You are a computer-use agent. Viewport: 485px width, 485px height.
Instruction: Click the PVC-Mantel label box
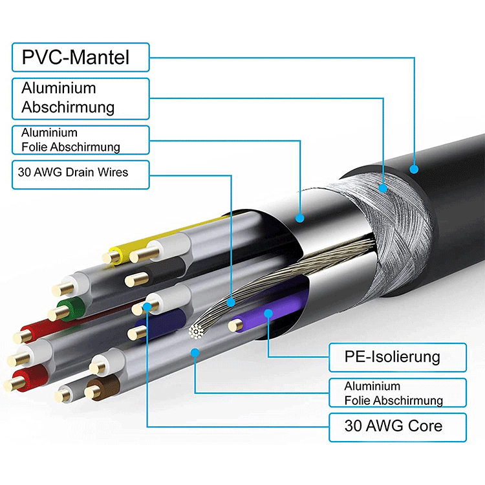click(80, 57)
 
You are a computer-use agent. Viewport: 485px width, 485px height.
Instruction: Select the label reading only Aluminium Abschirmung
click(80, 98)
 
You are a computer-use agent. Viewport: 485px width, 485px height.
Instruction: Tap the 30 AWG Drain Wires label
click(80, 173)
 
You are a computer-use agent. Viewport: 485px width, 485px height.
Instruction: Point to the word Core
click(424, 426)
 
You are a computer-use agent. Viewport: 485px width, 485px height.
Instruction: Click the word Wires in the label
click(114, 172)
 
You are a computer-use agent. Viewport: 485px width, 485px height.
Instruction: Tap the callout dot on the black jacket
click(414, 169)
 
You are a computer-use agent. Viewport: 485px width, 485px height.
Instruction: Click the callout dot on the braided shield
click(383, 188)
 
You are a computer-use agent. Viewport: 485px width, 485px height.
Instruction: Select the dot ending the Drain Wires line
click(232, 301)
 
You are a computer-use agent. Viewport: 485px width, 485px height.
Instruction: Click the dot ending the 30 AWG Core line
click(149, 307)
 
